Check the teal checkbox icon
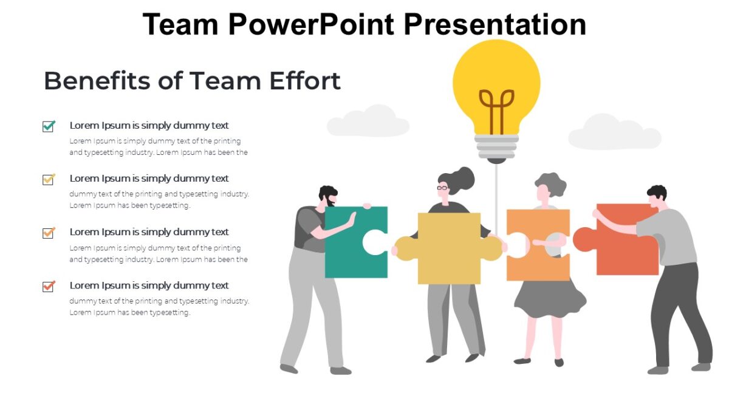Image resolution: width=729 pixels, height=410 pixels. pyautogui.click(x=49, y=126)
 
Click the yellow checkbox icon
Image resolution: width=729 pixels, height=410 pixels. pyautogui.click(x=49, y=179)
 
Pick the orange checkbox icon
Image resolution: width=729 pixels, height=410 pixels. pyautogui.click(x=49, y=233)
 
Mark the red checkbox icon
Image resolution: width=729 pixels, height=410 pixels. pyautogui.click(x=49, y=286)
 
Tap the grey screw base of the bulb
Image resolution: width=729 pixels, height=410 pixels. pyautogui.click(x=496, y=146)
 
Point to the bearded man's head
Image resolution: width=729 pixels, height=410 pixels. pyautogui.click(x=328, y=196)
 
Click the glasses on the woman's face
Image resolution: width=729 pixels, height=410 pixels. pyautogui.click(x=443, y=187)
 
